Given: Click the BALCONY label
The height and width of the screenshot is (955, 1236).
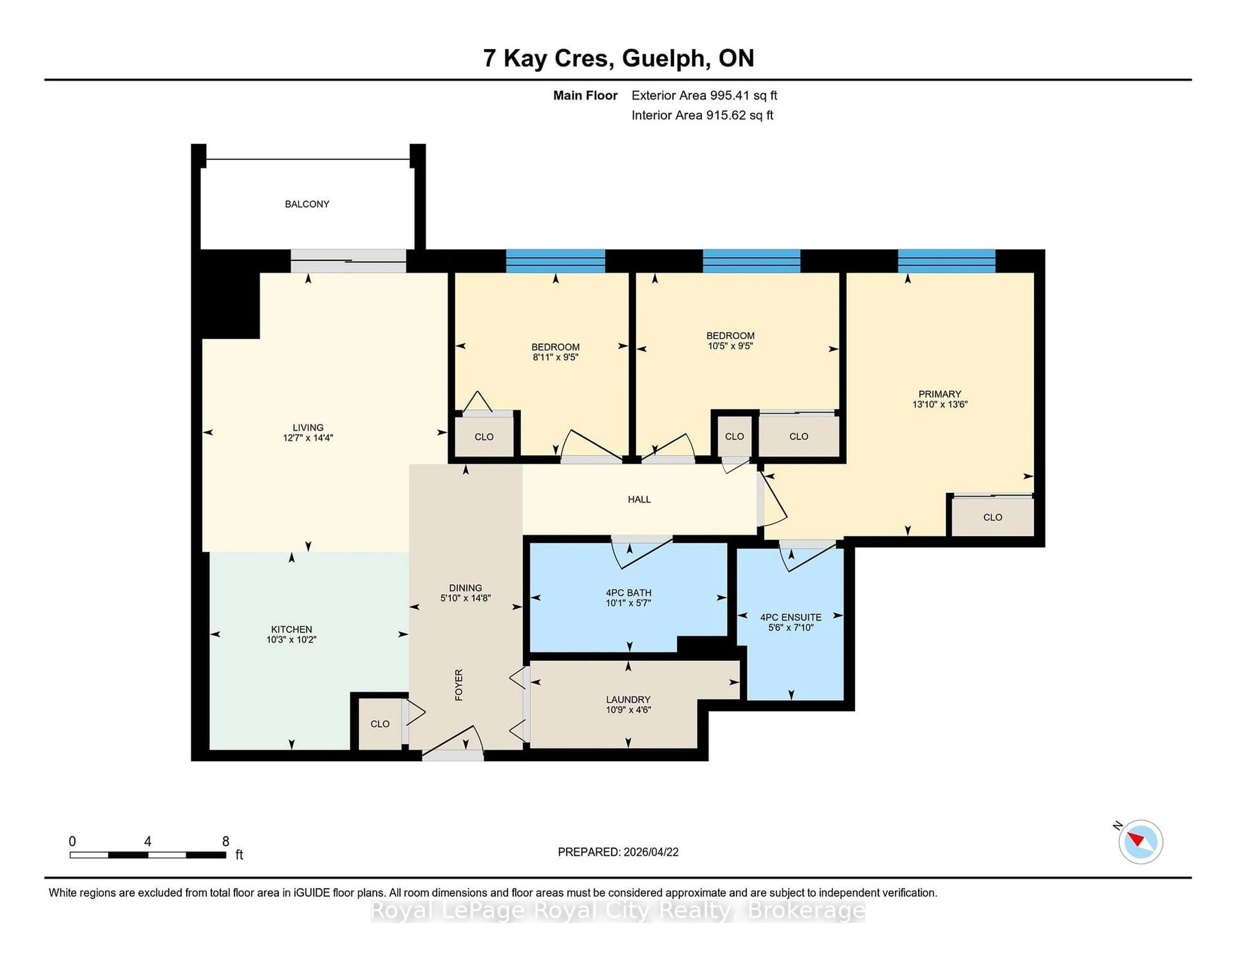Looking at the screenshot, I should click(x=307, y=204).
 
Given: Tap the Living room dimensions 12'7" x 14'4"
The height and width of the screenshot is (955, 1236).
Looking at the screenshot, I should click(x=308, y=438).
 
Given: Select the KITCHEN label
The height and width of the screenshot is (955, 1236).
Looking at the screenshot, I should click(x=291, y=629).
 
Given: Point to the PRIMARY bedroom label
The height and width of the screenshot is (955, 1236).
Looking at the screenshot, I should click(x=940, y=394).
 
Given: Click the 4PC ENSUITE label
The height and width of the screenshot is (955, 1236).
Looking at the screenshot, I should click(x=791, y=617).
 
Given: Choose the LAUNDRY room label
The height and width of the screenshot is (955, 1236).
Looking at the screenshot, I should click(x=628, y=699).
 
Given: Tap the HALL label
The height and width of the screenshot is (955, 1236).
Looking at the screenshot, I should click(x=639, y=499).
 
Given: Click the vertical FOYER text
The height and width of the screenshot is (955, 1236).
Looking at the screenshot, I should click(x=459, y=685).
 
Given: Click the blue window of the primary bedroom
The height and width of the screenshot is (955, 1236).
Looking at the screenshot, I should click(x=946, y=261).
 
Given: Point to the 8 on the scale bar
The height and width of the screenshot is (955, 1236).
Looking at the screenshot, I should click(x=225, y=841).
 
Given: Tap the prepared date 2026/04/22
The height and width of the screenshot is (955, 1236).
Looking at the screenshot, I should click(x=650, y=852).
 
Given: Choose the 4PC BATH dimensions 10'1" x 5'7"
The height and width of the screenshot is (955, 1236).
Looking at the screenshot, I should click(x=628, y=603).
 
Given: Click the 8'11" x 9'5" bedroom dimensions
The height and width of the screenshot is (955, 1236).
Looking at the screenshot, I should click(x=555, y=357).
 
